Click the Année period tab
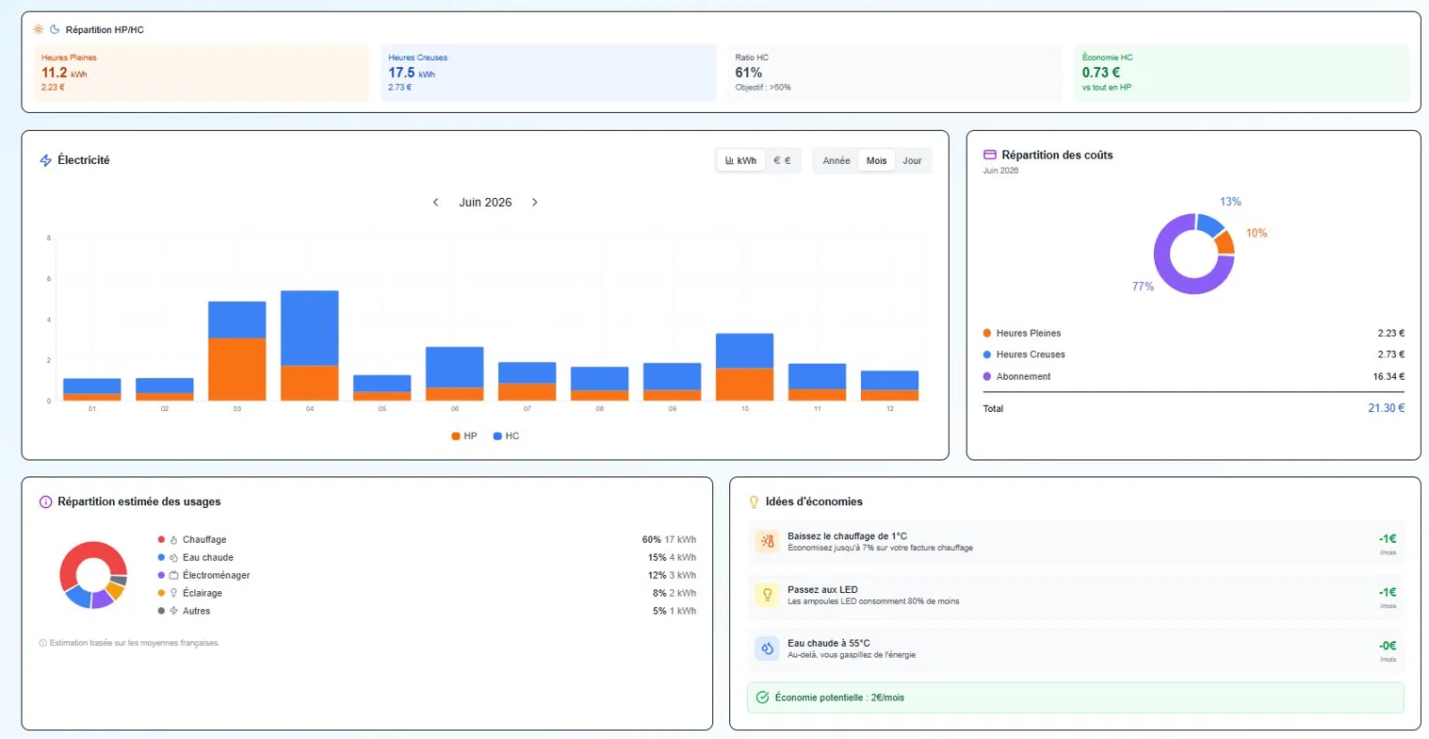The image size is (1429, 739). point(836,161)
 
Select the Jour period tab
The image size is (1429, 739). point(912,161)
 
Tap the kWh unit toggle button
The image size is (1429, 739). point(740,161)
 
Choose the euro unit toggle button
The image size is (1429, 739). point(782,161)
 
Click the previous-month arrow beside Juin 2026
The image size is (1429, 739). point(436,203)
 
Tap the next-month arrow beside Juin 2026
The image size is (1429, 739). point(535,203)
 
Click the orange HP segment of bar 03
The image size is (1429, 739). point(236,369)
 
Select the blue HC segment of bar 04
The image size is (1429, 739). point(309,328)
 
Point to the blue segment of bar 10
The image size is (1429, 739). point(744,351)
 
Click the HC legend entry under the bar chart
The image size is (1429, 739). point(507,435)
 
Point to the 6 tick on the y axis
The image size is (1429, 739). point(48,279)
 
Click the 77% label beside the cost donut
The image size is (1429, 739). point(1143,287)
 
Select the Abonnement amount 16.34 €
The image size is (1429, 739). point(1388,376)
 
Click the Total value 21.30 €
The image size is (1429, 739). point(1386,408)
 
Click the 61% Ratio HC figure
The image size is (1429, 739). point(748,73)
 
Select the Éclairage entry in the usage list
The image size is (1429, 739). point(203,593)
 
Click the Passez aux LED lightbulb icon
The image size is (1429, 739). point(767,595)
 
